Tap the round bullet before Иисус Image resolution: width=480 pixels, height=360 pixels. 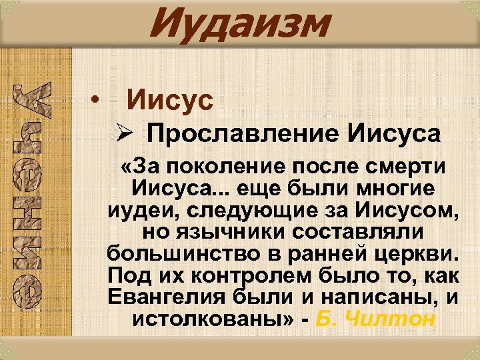[97, 102]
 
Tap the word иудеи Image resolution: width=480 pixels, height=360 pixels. [138, 211]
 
